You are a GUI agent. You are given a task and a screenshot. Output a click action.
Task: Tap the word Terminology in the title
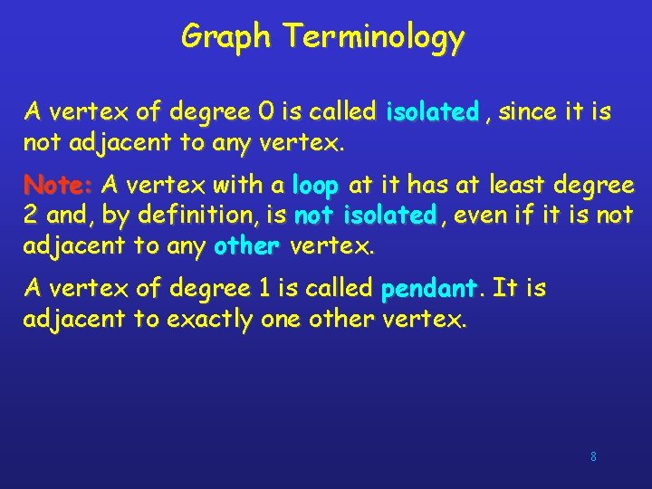point(373,37)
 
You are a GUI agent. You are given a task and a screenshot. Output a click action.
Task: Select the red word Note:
point(59,186)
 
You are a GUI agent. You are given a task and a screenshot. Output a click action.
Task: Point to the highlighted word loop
point(315,186)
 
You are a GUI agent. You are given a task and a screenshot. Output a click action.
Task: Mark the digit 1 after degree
point(264,289)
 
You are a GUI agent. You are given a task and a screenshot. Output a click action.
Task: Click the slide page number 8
point(593,456)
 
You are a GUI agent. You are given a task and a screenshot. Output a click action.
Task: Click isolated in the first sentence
point(432,112)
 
